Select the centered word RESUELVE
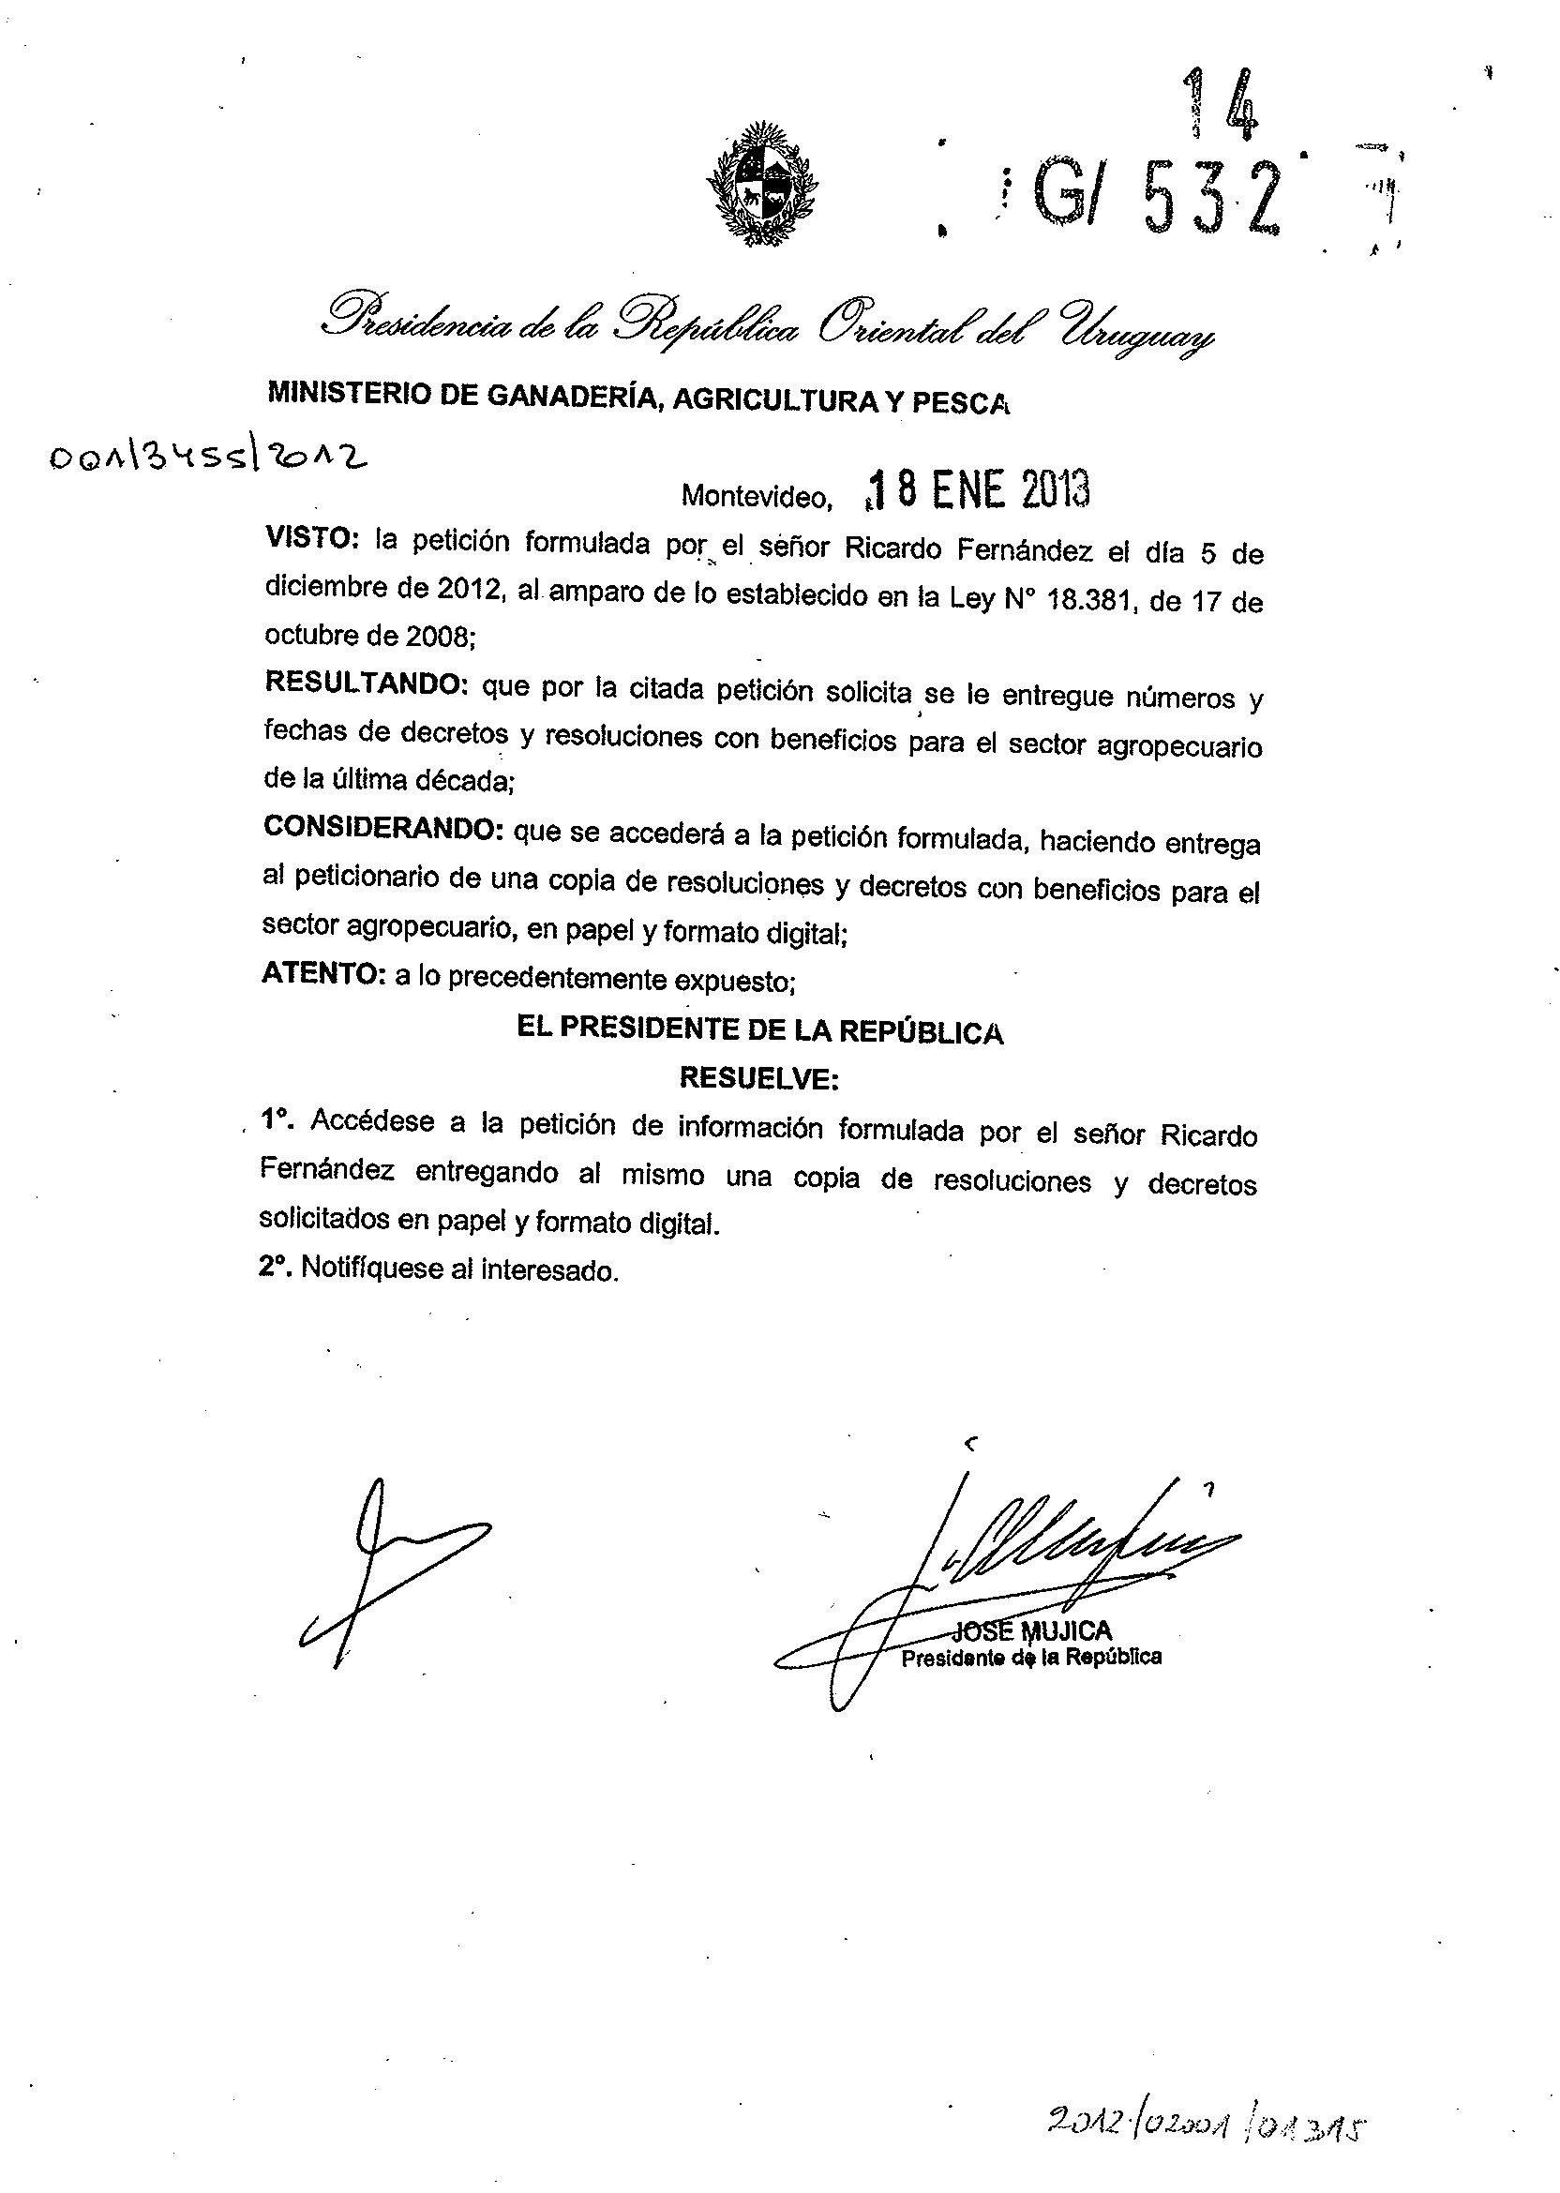click(758, 1079)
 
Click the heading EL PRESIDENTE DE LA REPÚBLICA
click(759, 1030)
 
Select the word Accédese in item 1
click(372, 1121)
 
